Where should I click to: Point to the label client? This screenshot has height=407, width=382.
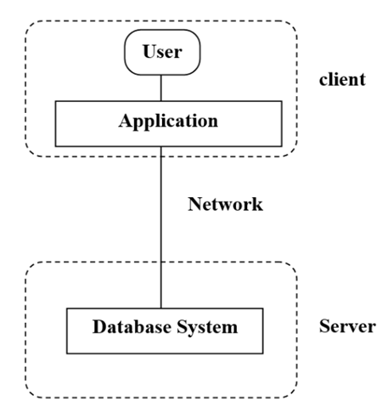click(x=342, y=80)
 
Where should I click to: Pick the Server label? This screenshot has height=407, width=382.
click(x=347, y=326)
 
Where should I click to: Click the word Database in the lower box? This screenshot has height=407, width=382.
click(x=128, y=326)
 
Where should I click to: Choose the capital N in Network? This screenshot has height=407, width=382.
click(x=192, y=205)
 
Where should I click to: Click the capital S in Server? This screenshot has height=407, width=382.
click(x=324, y=326)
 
